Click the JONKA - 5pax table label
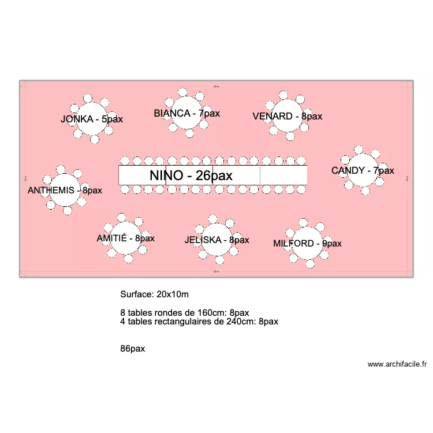click(92, 120)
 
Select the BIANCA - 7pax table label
click(186, 113)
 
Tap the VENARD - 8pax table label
click(287, 116)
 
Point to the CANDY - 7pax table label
click(363, 170)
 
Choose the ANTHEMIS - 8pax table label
click(65, 190)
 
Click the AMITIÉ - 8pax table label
click(125, 238)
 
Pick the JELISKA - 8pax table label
click(216, 240)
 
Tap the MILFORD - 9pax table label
click(307, 244)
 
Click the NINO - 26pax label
click(191, 176)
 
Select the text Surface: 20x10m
click(154, 294)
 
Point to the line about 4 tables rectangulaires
click(199, 322)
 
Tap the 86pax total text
click(133, 349)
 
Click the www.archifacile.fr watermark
click(397, 364)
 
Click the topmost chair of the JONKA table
click(88, 98)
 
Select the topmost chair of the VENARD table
click(283, 94)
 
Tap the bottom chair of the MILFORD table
click(311, 264)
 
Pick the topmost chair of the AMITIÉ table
click(122, 217)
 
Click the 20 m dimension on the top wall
click(216, 86)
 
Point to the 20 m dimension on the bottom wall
click(216, 271)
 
